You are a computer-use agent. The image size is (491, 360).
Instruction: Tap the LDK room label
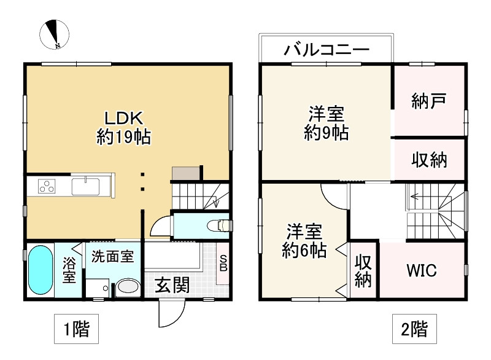(x=123, y=126)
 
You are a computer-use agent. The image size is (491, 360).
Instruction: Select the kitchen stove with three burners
(x=47, y=186)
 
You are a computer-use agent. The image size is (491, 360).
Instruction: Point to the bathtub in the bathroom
(x=41, y=270)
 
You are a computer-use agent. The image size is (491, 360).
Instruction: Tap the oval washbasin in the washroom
(x=128, y=288)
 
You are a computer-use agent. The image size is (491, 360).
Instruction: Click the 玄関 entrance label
(x=171, y=284)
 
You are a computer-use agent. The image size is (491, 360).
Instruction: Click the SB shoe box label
(x=223, y=263)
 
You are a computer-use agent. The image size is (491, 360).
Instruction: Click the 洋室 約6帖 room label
(x=303, y=241)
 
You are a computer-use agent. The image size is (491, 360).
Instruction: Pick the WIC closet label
(x=422, y=271)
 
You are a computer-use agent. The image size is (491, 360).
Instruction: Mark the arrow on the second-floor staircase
(x=414, y=197)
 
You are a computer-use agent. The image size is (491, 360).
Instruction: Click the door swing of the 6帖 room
(x=334, y=198)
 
